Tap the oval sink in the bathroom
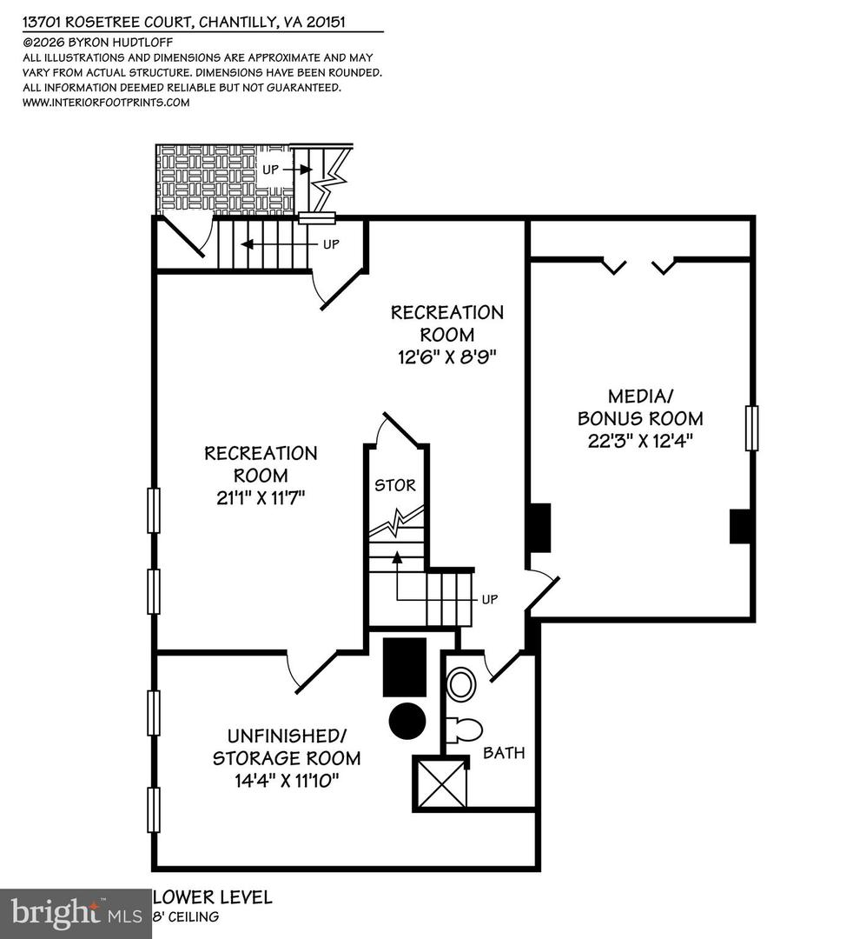[461, 684]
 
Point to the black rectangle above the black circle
[405, 667]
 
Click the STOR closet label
[395, 485]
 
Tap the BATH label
[504, 753]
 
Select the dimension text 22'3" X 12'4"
[641, 441]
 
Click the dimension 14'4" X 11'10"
[287, 780]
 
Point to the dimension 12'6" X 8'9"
[446, 356]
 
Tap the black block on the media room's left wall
[539, 528]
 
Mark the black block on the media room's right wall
[740, 526]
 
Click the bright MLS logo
[76, 913]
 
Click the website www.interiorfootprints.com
[105, 102]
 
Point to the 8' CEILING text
[187, 916]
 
